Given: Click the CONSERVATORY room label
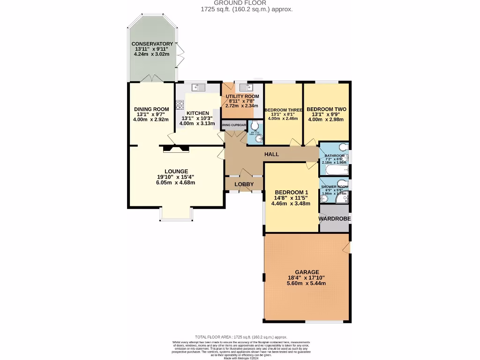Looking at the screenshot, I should click(152, 44).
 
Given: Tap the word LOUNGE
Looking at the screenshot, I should click(176, 171).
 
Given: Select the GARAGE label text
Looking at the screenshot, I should click(307, 272).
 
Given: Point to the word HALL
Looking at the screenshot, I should click(271, 154).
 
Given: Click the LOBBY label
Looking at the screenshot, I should click(244, 184).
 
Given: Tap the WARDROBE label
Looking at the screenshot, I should click(335, 219).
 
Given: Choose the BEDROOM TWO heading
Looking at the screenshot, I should click(326, 109).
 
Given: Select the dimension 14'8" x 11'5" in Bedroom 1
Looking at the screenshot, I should click(292, 198).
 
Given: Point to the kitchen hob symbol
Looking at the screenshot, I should click(180, 105).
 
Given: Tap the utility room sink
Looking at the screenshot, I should click(247, 87).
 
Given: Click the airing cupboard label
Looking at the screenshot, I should click(233, 125).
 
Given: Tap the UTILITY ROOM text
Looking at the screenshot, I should click(242, 97).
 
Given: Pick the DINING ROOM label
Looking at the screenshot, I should click(151, 109).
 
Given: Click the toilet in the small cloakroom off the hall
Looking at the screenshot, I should click(255, 126).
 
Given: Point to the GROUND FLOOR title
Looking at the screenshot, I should click(240, 3).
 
